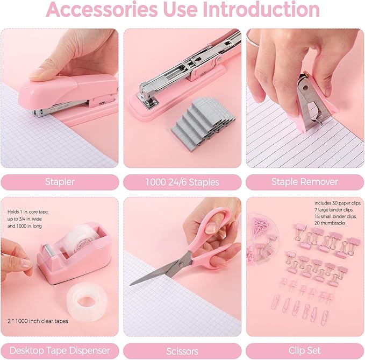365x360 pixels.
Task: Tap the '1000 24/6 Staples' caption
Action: click(182, 182)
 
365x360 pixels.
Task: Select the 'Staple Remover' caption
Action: click(305, 182)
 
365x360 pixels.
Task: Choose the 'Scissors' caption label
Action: click(182, 351)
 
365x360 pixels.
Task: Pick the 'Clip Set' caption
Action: click(305, 351)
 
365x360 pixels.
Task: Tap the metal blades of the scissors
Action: click(156, 272)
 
